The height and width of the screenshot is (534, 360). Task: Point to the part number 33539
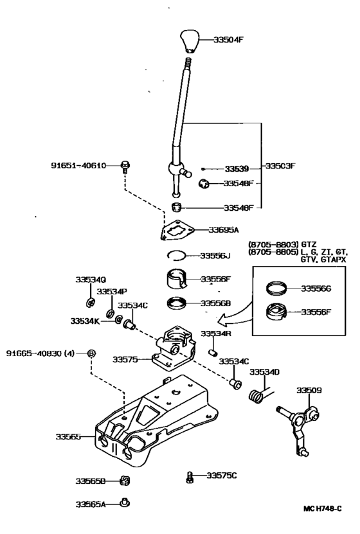(x=236, y=169)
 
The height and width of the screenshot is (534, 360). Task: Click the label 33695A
(x=223, y=229)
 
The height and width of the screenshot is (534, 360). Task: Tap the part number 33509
(x=309, y=390)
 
